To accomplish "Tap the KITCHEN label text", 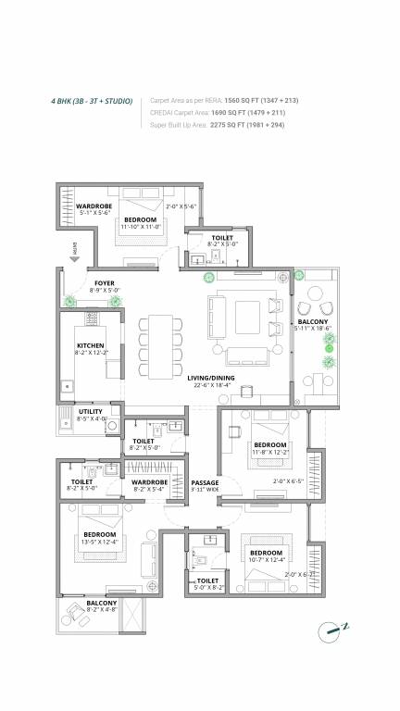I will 91,345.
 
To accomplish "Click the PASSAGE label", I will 205,482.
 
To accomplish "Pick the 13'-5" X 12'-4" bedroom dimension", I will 98,543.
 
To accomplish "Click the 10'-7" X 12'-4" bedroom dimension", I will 267,561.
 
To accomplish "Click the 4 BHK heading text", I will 92,100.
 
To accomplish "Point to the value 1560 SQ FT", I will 240,100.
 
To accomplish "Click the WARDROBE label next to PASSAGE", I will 149,482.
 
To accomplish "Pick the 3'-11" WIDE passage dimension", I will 205,491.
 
